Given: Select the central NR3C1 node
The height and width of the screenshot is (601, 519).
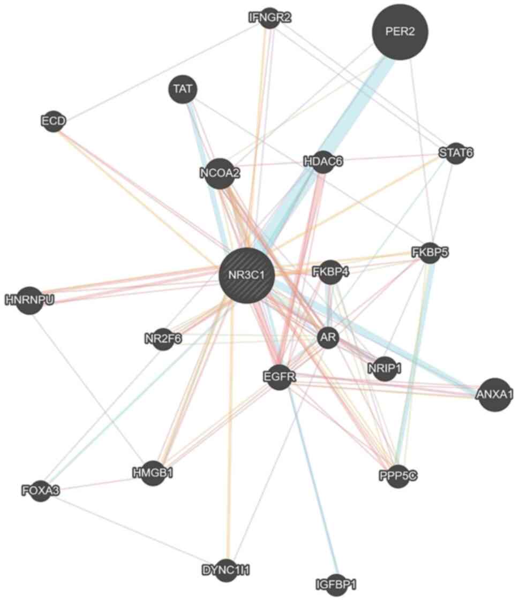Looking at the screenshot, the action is point(247,276).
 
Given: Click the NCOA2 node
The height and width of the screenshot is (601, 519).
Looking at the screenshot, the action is point(219,173).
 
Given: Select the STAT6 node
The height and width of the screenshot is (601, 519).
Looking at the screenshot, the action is point(456,153).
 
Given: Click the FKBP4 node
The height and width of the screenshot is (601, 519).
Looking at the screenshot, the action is point(331,272).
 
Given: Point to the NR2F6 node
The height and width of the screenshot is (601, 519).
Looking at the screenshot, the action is point(163,339).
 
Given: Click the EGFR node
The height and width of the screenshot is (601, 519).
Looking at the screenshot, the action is point(279,377).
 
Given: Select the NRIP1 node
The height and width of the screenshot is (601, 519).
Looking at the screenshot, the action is point(385,368).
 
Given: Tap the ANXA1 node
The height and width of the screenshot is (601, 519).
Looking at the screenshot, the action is point(494,394).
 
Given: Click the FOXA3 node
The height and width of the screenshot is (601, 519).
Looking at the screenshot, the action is point(41,489).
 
